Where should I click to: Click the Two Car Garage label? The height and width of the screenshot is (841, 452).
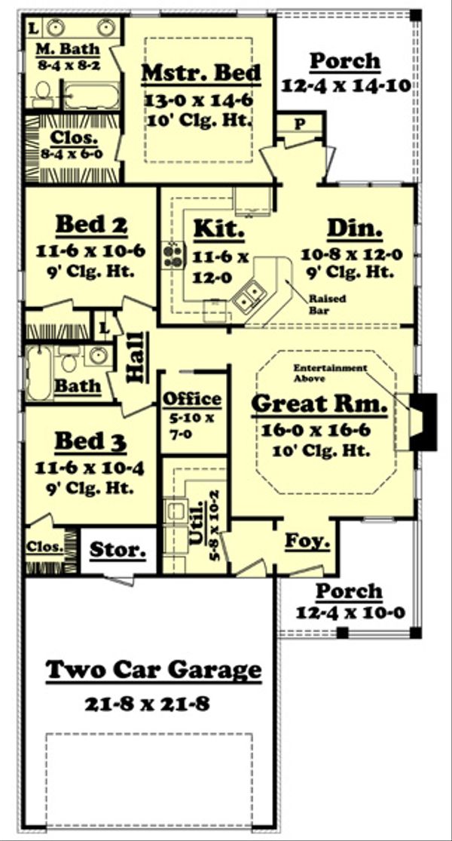point(154,670)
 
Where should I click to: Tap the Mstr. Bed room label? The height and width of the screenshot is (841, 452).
point(201,73)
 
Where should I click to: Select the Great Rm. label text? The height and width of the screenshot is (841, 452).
point(319,404)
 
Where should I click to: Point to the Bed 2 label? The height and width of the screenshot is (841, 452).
point(91,225)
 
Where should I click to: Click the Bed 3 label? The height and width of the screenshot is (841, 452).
point(90,441)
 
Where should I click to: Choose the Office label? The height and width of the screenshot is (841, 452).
point(192,399)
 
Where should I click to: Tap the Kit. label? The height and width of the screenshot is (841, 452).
point(218,228)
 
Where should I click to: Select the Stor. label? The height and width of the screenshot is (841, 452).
point(118,550)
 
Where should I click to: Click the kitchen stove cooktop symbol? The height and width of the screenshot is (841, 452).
point(173,256)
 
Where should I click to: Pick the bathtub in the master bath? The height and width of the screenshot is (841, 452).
point(90,96)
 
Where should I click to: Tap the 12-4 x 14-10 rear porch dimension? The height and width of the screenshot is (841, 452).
point(346,85)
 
